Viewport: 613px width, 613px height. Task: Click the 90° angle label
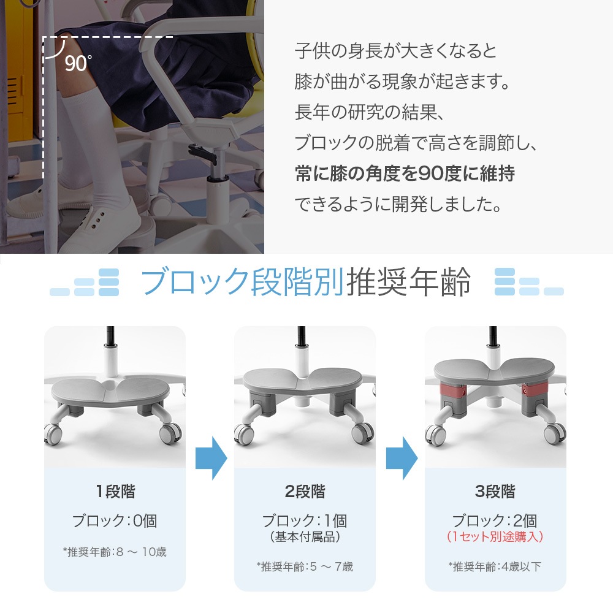[78, 63]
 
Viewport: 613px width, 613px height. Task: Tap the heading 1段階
[115, 492]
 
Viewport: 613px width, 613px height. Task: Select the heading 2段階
[305, 492]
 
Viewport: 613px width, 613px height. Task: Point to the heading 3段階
[495, 492]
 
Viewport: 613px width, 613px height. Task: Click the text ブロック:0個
[115, 520]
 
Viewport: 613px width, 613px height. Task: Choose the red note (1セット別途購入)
[495, 536]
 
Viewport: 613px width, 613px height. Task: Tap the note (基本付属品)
[305, 536]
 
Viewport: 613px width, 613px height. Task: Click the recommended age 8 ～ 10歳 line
[115, 552]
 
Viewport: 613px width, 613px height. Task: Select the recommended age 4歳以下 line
[495, 566]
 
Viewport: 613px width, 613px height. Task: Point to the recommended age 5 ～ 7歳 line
[305, 566]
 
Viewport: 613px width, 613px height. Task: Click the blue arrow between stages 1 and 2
[211, 458]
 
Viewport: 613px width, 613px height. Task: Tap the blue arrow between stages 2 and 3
[402, 458]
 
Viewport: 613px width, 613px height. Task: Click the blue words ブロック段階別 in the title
[242, 281]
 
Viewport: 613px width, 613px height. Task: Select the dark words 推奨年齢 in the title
[408, 281]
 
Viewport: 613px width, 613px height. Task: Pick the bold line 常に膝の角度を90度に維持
[405, 173]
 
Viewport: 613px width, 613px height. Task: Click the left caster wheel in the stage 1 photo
[53, 433]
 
